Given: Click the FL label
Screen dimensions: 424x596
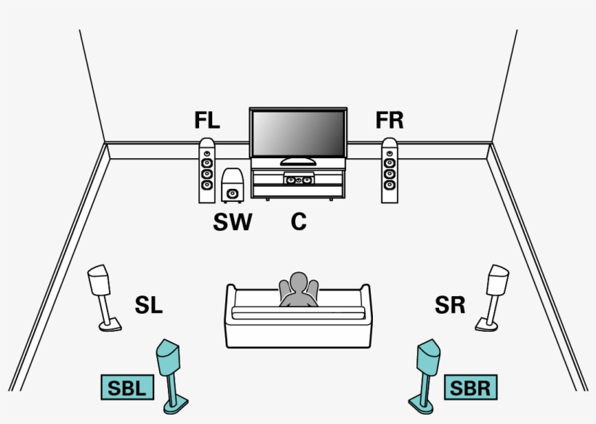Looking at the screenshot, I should [x=207, y=121].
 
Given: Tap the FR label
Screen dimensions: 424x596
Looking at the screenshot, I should [x=390, y=121].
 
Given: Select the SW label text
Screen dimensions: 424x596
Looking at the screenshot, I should [x=232, y=222].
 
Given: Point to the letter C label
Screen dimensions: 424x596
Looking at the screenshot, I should [x=299, y=222].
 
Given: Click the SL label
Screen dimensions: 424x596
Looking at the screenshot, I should [x=148, y=306].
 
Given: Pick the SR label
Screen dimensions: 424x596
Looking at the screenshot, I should [x=450, y=306].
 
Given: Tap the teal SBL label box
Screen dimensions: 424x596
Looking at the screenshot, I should [x=126, y=388].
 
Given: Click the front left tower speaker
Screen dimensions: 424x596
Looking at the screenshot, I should [x=207, y=171].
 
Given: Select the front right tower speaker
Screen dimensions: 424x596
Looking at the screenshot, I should [x=390, y=171].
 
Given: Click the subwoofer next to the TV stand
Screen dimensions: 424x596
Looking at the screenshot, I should [x=232, y=187].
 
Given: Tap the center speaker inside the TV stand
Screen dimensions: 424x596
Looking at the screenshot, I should [x=299, y=179].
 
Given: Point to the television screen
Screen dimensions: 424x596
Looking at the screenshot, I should [x=298, y=134].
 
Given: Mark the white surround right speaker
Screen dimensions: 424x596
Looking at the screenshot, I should [x=498, y=280].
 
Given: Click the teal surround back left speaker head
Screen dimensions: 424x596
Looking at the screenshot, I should [x=169, y=356].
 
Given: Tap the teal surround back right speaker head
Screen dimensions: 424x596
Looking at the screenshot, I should [x=428, y=356].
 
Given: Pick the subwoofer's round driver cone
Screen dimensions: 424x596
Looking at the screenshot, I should [x=232, y=193].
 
